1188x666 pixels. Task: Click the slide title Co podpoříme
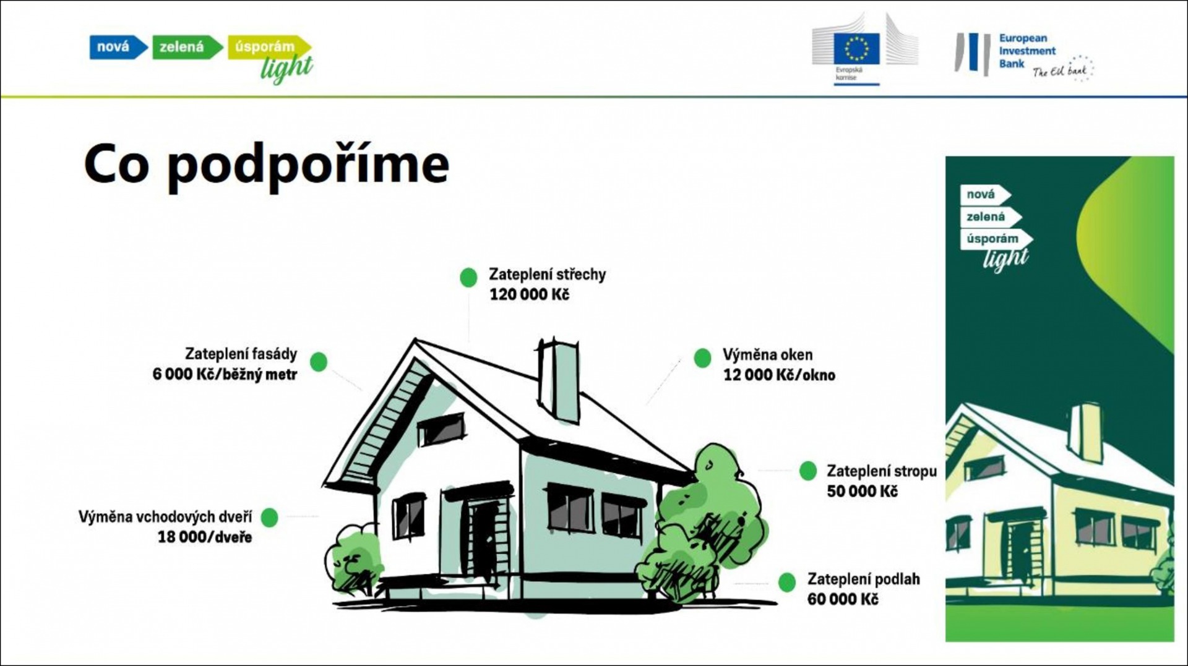click(267, 165)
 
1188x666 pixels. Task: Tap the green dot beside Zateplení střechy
click(468, 277)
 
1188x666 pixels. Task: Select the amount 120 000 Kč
click(529, 295)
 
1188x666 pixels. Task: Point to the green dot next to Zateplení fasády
click(319, 362)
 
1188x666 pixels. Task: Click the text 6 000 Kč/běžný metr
click(225, 375)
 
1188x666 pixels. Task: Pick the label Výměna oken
click(767, 355)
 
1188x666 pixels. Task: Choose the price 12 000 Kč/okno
click(779, 375)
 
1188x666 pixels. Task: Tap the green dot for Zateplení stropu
click(808, 471)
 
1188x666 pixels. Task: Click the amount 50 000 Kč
click(862, 492)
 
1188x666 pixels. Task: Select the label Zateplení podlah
click(863, 579)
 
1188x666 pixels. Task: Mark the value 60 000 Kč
click(842, 599)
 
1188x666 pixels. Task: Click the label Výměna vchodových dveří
click(165, 517)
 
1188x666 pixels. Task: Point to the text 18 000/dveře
click(205, 537)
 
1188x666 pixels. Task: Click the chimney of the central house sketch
click(558, 380)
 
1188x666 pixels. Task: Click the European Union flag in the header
click(856, 49)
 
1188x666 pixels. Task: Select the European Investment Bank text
click(1027, 51)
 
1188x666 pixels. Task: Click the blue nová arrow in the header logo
click(118, 47)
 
